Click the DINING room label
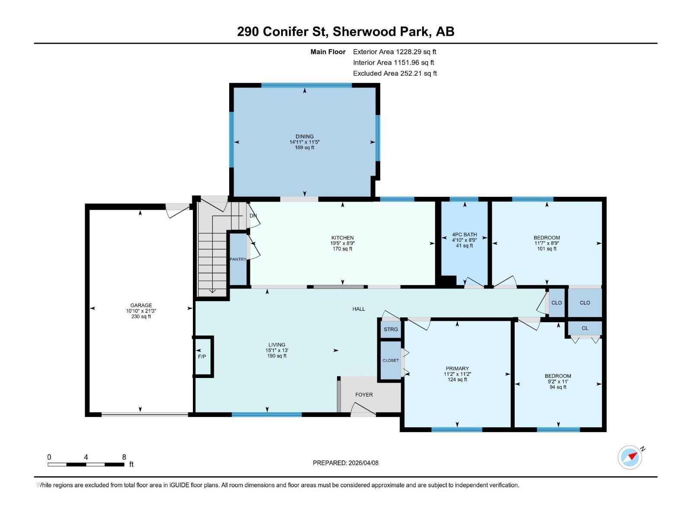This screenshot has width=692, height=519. tap(304, 137)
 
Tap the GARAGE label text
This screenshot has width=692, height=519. tap(141, 305)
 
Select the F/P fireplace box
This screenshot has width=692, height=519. tap(202, 356)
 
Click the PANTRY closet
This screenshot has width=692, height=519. tap(237, 259)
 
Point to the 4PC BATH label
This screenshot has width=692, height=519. tap(464, 235)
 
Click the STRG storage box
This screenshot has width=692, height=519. tap(391, 330)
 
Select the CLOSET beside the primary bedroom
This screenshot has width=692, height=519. tap(391, 360)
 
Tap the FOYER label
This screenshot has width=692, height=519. tap(364, 394)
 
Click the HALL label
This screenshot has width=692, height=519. tap(359, 309)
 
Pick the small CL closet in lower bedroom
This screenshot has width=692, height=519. tap(585, 328)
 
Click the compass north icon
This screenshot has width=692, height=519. tap(630, 457)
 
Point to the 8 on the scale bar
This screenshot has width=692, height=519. tap(124, 457)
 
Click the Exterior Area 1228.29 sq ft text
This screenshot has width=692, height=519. tap(394, 51)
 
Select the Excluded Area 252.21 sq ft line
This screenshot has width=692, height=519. tap(394, 74)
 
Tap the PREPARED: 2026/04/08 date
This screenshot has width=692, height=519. tap(346, 463)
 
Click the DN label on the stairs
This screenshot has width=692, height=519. tap(253, 215)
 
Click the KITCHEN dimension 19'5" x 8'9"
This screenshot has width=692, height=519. tap(343, 243)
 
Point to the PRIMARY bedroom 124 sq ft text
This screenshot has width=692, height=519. tap(457, 380)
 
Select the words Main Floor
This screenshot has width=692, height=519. tap(328, 52)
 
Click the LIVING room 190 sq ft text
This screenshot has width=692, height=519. tap(276, 356)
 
